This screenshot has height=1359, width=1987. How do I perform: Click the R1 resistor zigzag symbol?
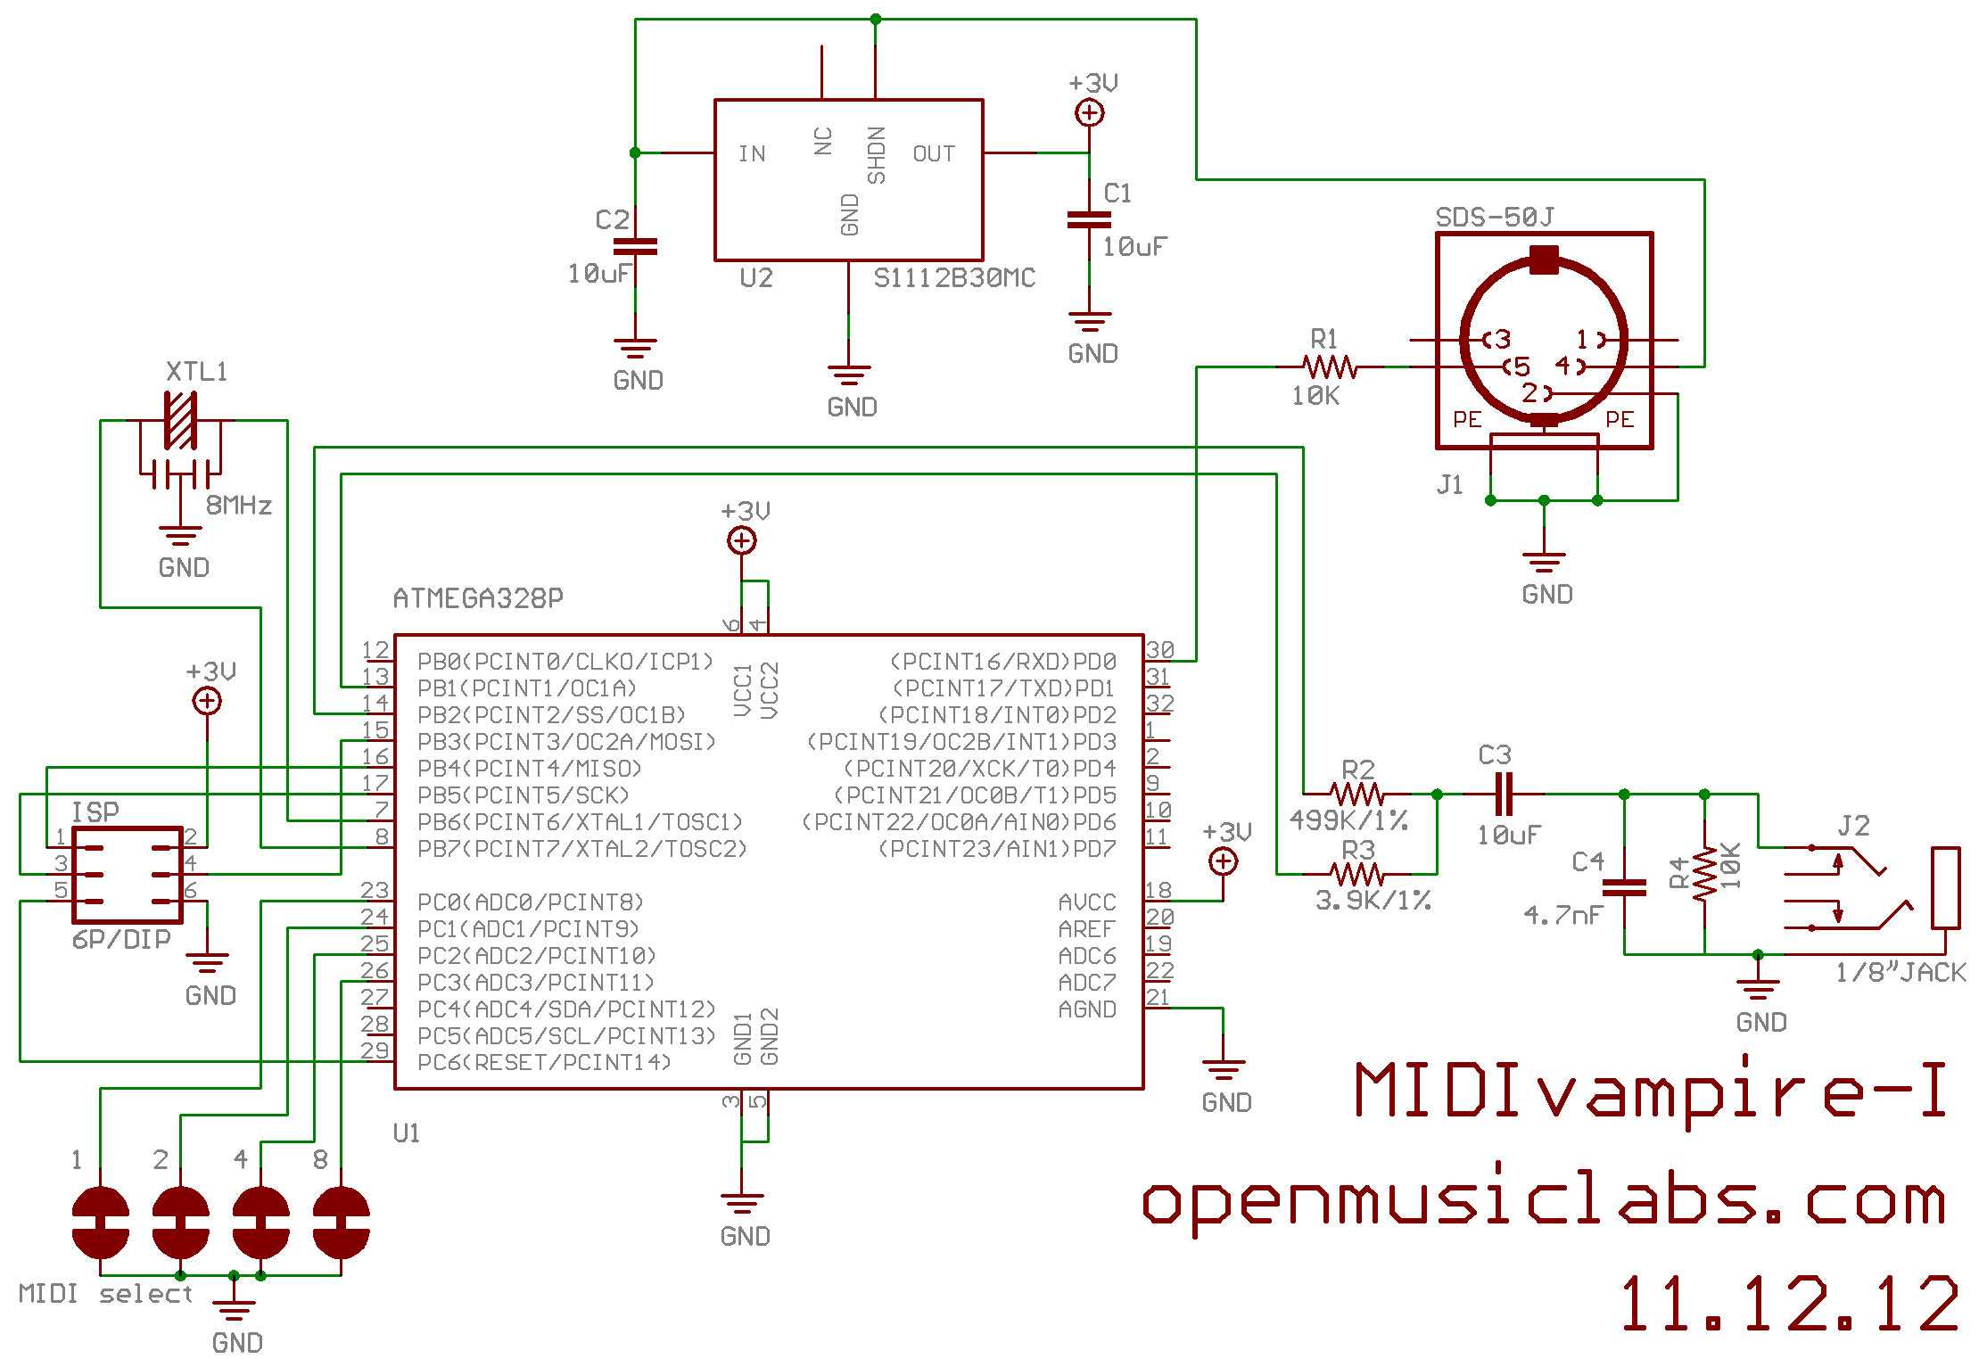pos(1330,367)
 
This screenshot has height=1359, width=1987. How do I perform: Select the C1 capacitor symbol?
pos(1089,219)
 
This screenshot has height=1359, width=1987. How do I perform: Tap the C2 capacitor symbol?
pos(635,247)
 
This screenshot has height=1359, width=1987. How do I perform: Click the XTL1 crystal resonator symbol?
pos(180,421)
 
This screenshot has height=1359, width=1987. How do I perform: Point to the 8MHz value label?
pos(238,506)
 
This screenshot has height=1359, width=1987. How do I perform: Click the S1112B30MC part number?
pos(954,278)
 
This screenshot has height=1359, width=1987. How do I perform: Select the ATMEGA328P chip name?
pos(478,598)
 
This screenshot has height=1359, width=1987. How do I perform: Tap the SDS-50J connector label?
pos(1494,218)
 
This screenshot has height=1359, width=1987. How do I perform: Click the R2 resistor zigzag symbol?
pos(1356,794)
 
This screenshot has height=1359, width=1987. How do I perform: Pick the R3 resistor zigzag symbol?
pos(1356,874)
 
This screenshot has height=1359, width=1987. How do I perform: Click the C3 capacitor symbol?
pos(1504,794)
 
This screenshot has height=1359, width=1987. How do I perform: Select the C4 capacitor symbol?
pos(1624,887)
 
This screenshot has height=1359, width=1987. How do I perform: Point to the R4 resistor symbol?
pos(1704,874)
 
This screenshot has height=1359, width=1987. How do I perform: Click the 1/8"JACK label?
pos(1900,972)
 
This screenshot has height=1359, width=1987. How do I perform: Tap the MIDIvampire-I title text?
pos(1650,1090)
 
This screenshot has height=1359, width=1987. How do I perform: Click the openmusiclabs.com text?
pos(1543,1201)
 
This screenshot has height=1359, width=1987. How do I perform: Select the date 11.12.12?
pos(1788,1304)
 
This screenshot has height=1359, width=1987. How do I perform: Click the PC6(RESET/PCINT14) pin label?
pos(544,1063)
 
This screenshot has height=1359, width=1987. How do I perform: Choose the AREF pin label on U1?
pos(1086,929)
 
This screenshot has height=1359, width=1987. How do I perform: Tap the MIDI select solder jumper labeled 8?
pos(341,1222)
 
